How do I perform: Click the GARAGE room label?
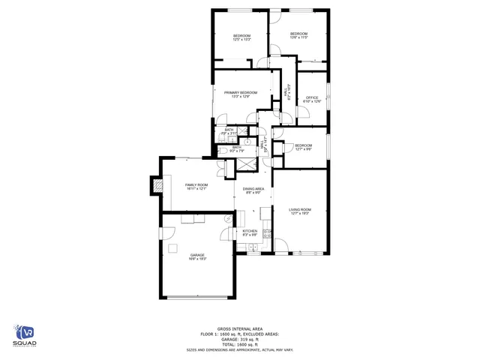click(197, 255)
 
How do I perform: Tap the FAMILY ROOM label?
click(196, 184)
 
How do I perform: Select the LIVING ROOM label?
click(300, 209)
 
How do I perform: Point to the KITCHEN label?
click(250, 231)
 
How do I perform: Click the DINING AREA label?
click(253, 189)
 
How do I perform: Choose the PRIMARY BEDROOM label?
click(241, 92)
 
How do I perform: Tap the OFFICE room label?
click(312, 97)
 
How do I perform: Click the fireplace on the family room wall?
click(157, 184)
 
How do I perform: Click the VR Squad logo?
click(26, 335)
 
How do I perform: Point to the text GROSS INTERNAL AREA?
click(240, 328)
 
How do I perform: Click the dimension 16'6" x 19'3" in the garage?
click(197, 259)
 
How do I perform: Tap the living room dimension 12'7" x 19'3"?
click(300, 214)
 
